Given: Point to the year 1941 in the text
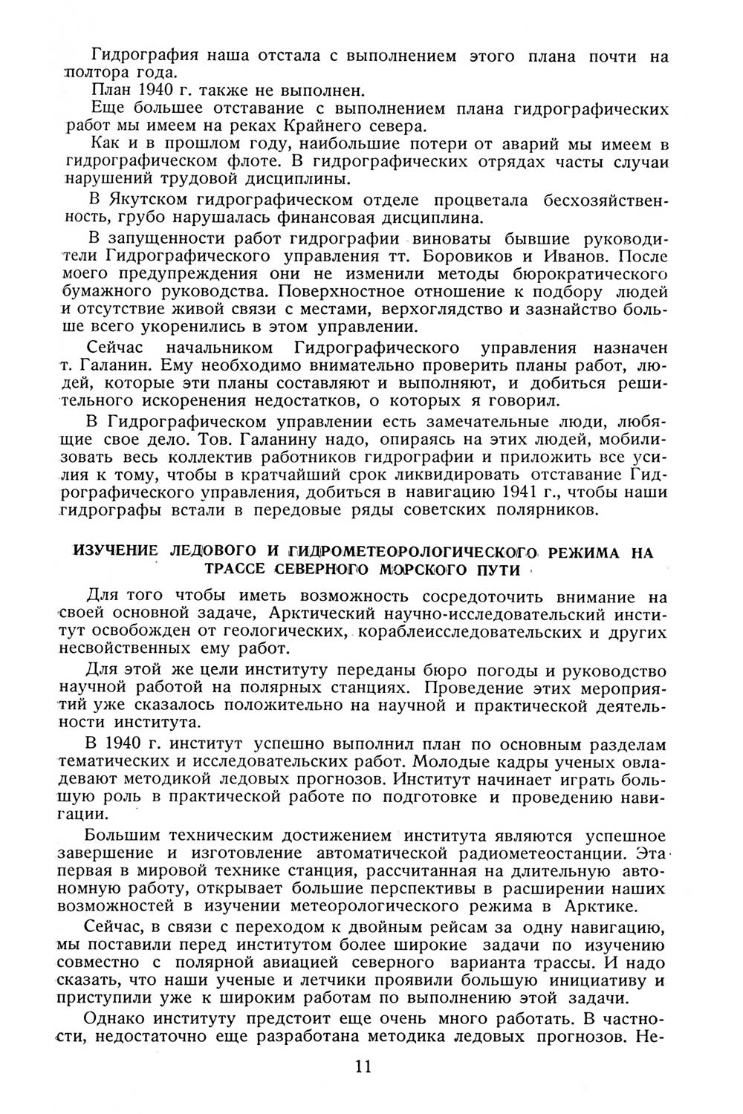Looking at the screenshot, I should [522, 492].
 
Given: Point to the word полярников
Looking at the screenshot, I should [551, 510].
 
